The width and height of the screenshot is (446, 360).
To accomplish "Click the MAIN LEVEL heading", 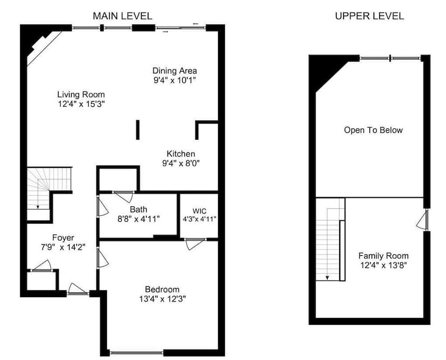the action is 122,16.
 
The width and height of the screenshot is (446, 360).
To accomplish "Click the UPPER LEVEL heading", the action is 369,16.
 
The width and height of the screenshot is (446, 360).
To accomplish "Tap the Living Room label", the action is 81,95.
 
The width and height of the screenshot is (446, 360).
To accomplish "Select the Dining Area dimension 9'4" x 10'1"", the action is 175,80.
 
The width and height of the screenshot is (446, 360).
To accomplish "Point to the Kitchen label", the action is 181,154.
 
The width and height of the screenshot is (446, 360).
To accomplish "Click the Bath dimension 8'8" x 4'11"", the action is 139,219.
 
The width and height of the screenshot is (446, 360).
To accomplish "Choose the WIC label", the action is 199,211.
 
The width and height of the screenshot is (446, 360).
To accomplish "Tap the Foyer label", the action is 63,238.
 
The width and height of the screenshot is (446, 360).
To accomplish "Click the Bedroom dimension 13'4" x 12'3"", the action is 162,299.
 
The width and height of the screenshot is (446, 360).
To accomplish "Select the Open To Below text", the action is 373,130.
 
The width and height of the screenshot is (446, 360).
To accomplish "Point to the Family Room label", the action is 384,256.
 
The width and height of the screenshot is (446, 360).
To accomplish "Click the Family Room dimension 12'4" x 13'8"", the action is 384,265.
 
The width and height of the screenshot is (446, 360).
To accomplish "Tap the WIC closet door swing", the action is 195,244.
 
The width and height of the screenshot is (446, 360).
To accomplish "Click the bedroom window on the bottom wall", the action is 137,353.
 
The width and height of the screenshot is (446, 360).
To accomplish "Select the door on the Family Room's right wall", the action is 423,219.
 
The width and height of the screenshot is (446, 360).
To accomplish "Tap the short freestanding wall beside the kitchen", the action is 138,130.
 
